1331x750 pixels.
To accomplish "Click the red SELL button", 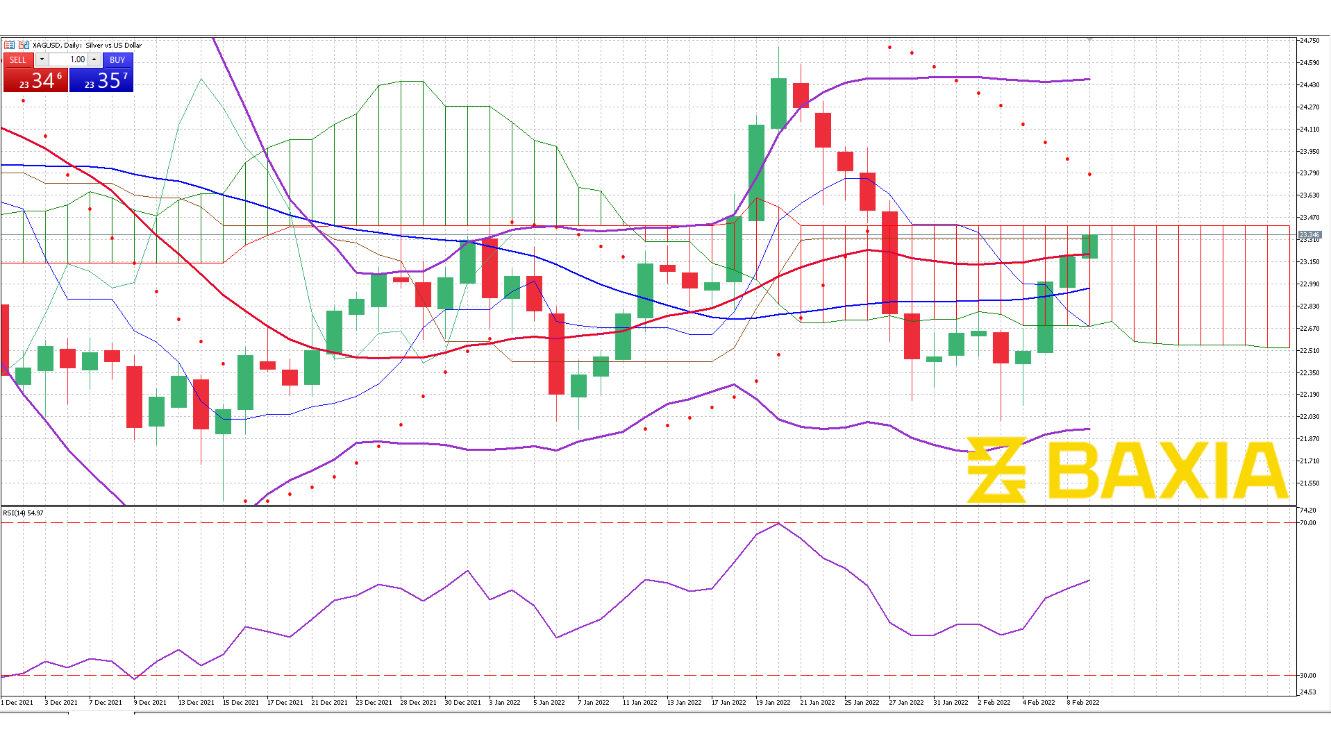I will click(x=18, y=60).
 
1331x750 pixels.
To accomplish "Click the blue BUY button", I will click(x=117, y=60).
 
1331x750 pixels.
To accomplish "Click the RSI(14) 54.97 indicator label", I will click(x=23, y=513).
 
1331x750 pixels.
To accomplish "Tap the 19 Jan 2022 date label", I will click(x=773, y=702).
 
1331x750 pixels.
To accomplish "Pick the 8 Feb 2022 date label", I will click(x=1083, y=702).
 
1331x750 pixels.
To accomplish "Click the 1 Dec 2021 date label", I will click(x=17, y=702).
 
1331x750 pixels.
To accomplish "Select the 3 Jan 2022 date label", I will click(x=505, y=702).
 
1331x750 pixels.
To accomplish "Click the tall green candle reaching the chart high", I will click(x=779, y=103).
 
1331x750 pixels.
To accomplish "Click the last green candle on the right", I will click(x=1090, y=246).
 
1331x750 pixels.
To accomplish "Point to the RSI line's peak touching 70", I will click(x=779, y=524).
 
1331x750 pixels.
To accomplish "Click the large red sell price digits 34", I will click(x=43, y=81).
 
